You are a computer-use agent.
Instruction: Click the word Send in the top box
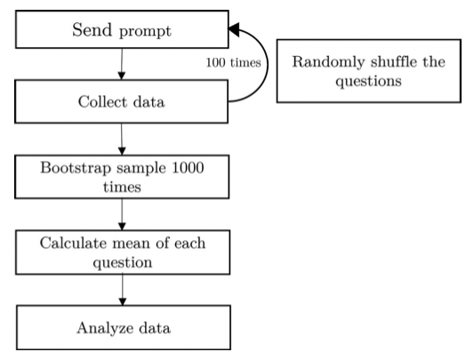click(92, 29)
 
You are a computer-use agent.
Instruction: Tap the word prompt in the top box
click(146, 32)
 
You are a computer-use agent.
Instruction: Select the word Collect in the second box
click(103, 101)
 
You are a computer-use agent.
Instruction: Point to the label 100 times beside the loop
click(233, 62)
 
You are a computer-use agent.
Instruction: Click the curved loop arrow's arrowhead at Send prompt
click(234, 29)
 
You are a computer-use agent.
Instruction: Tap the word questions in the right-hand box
click(368, 81)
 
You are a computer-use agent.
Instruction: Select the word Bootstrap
click(76, 168)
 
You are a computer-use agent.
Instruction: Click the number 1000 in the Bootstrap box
click(188, 167)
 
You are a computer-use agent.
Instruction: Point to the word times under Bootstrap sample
click(122, 187)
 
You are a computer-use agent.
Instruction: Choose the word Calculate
click(74, 243)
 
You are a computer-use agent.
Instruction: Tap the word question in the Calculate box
click(123, 263)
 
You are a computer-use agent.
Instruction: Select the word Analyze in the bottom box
click(105, 328)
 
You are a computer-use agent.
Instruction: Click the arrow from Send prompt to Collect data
click(122, 64)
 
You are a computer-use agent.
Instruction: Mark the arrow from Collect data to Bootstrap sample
click(122, 140)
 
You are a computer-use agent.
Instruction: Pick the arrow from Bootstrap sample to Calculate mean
click(122, 214)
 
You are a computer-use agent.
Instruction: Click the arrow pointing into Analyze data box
click(123, 290)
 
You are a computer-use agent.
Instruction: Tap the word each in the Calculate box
click(189, 243)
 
